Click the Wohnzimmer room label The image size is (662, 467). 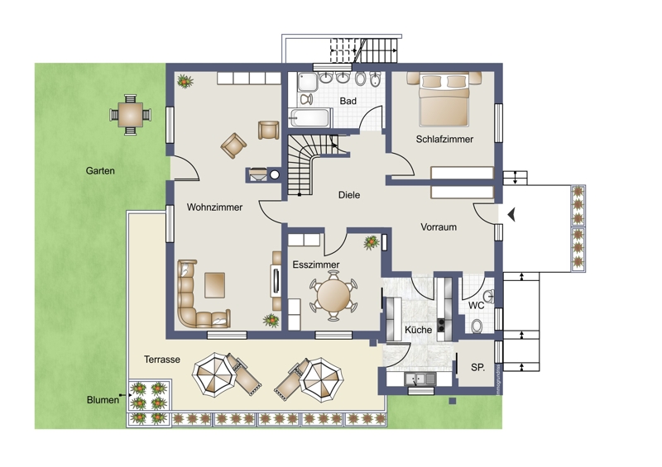(214, 207)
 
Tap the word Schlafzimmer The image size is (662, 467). (444, 139)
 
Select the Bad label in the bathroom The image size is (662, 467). (348, 101)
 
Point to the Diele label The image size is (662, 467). (349, 195)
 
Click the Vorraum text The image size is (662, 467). (439, 227)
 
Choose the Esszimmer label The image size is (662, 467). (316, 264)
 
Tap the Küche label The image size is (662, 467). (419, 330)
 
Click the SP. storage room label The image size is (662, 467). (478, 368)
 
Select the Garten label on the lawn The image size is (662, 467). (100, 171)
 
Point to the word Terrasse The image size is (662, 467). (162, 360)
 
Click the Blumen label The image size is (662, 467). (103, 400)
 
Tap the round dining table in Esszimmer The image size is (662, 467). (333, 295)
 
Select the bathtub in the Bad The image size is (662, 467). (309, 117)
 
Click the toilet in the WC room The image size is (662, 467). (477, 326)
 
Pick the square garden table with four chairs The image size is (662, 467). (131, 115)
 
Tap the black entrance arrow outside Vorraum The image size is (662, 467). (511, 215)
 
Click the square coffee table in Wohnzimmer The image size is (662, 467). (215, 285)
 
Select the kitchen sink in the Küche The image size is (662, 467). (420, 379)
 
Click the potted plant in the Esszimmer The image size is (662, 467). (371, 242)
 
